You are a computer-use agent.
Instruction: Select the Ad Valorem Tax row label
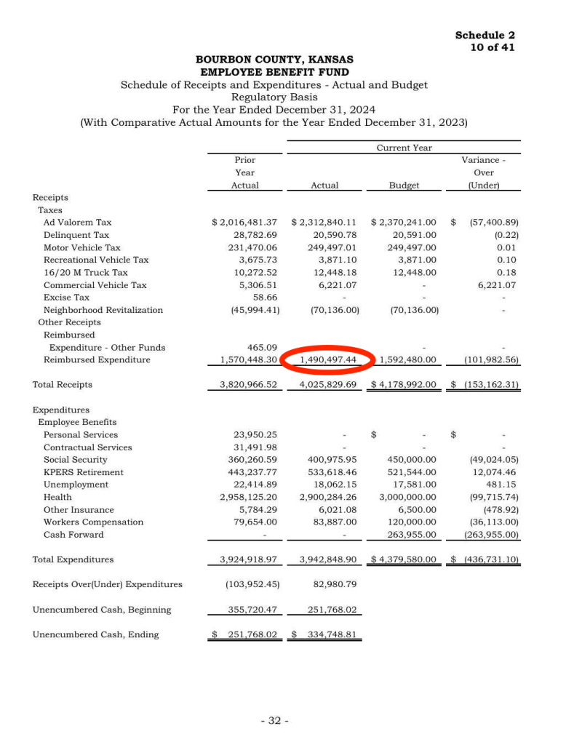pos(77,222)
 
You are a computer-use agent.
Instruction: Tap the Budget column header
pos(404,186)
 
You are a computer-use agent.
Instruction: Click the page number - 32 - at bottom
pos(275,720)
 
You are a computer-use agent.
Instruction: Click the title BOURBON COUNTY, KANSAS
pos(274,60)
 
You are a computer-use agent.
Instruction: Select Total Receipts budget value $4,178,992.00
pos(404,384)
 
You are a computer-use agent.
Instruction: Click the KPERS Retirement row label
pos(83,472)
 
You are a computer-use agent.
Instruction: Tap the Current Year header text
pos(404,148)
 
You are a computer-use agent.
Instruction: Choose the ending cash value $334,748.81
pos(326,634)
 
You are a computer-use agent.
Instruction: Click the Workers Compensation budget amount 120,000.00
pos(407,522)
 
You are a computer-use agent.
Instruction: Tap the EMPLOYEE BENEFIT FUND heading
pos(274,72)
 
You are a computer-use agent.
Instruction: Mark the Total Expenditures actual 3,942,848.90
pos(327,559)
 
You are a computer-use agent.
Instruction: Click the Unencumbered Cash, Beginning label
pos(102,610)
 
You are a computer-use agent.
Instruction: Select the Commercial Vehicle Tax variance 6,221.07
pos(496,285)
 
